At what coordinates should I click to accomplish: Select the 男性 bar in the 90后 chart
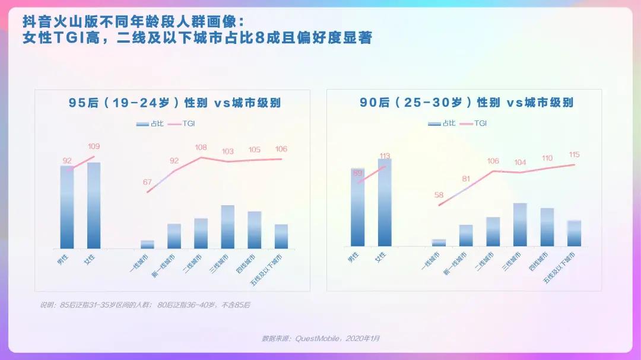[x=358, y=207]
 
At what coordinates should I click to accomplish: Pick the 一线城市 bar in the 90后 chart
[x=439, y=243]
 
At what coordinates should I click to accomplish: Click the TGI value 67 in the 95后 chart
[x=147, y=182]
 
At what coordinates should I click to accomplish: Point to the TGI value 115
[x=574, y=155]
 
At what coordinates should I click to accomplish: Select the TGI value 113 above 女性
[x=385, y=156]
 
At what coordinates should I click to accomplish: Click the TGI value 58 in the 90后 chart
[x=439, y=195]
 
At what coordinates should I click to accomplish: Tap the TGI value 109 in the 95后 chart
[x=94, y=146]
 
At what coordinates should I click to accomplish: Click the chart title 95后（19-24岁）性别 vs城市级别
[x=174, y=103]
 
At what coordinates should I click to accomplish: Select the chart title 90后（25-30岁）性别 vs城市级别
[x=467, y=102]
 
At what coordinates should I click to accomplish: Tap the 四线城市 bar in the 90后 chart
[x=547, y=227]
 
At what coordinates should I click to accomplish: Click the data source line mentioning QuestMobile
[x=320, y=338]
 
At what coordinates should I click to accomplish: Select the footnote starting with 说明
[x=145, y=305]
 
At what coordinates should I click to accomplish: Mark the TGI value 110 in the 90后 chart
[x=547, y=158]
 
